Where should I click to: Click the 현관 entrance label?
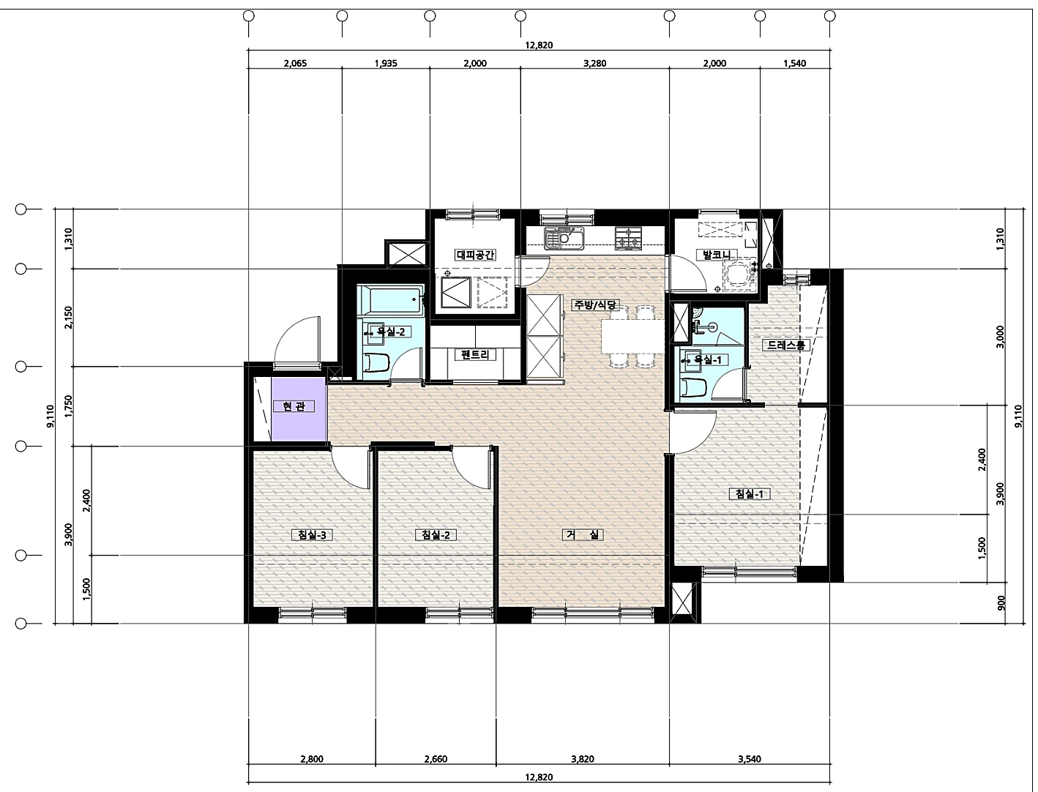click(x=294, y=406)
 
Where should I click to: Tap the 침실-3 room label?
click(x=312, y=535)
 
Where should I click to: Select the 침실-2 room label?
click(x=436, y=535)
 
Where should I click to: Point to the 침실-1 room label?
click(x=750, y=494)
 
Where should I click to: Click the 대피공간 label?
click(x=475, y=255)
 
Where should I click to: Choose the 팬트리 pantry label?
click(x=475, y=354)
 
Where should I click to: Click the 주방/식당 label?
click(x=595, y=305)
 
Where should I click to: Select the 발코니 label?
click(x=716, y=255)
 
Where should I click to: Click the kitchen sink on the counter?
click(x=564, y=238)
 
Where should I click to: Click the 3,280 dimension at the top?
click(x=595, y=64)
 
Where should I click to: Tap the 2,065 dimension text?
click(x=295, y=64)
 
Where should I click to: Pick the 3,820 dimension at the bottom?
click(x=583, y=759)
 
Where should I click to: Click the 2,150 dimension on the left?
click(x=69, y=318)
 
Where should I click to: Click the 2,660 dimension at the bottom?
click(x=436, y=759)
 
